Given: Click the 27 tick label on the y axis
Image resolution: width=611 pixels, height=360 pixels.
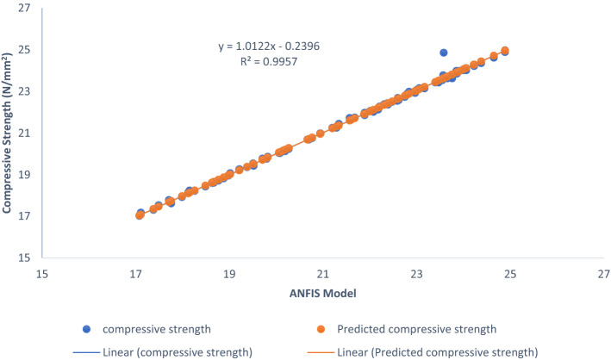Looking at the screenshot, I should pyautogui.click(x=23, y=9).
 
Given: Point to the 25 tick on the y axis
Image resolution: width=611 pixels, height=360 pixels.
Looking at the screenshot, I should pyautogui.click(x=23, y=50).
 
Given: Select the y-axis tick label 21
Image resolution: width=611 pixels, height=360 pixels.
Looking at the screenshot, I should pyautogui.click(x=23, y=133).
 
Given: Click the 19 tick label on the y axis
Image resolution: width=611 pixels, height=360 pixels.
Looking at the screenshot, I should pyautogui.click(x=23, y=175).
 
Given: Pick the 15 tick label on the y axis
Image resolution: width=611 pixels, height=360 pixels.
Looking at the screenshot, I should pyautogui.click(x=23, y=258).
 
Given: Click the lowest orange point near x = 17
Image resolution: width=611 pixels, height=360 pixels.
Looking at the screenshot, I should pyautogui.click(x=140, y=215).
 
